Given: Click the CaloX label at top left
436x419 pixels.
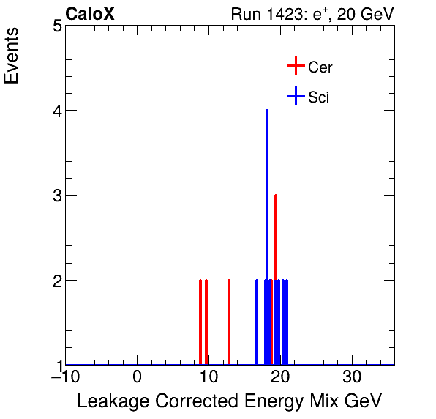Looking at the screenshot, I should [90, 14].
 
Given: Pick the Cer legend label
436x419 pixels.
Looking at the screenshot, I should [320, 67].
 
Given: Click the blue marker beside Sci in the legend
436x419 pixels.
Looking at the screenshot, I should [295, 96].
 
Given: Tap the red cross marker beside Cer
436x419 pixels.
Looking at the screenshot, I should [295, 67].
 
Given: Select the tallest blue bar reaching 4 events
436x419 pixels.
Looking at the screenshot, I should [267, 234].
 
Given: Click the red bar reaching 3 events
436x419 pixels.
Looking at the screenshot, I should [276, 278].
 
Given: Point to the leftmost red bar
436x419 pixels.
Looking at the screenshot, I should [200, 322].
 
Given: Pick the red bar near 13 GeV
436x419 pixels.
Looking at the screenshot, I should [229, 322].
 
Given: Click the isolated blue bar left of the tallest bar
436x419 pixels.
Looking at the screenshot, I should [257, 322].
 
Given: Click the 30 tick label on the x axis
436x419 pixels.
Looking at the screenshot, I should [353, 377].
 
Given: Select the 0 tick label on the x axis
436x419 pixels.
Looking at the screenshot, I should [138, 377].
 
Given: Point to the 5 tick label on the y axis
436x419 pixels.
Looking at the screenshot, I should [56, 26].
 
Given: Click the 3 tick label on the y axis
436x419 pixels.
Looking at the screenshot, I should [56, 196].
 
